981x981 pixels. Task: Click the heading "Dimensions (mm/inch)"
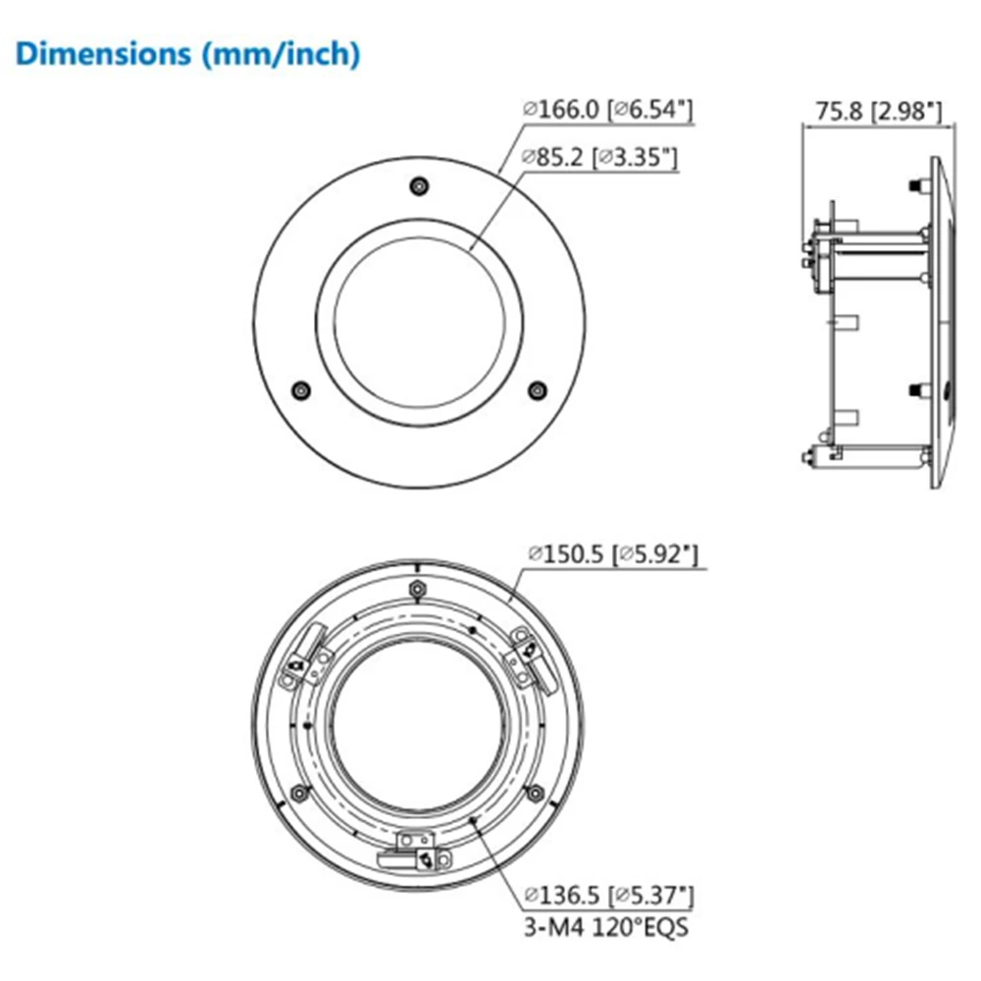pos(187,54)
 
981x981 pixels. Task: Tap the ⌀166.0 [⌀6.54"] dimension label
pos(608,110)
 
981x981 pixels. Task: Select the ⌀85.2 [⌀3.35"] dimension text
pos(600,157)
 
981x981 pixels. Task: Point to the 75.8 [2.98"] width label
pos(878,112)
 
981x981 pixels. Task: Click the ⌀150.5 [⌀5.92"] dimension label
pos(613,553)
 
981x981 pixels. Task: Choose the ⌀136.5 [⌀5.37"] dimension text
pos(609,896)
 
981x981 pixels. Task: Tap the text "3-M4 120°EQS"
pos(605,927)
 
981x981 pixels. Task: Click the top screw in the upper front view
pos(419,185)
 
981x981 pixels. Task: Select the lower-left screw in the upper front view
pos(301,390)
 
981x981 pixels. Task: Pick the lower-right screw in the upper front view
pos(537,390)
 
